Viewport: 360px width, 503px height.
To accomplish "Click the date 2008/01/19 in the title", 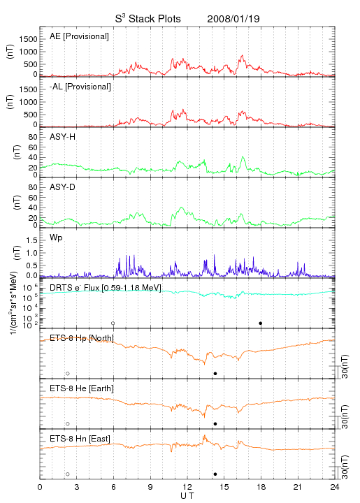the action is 233,19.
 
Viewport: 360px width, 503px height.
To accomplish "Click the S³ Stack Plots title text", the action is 148,19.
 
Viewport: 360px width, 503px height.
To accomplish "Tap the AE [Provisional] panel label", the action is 79,36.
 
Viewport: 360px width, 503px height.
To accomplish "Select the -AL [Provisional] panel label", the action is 80,87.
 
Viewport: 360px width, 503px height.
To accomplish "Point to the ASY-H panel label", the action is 63,137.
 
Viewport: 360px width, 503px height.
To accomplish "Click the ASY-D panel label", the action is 63,187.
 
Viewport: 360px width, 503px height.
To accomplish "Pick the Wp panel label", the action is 56,238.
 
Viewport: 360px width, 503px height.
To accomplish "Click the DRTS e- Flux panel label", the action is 106,288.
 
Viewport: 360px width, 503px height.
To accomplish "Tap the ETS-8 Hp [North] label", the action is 82,338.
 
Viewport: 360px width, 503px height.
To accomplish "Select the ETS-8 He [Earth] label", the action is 82,388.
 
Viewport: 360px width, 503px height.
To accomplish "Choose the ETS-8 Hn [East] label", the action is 80,439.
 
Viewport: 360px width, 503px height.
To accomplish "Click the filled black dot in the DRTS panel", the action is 261,323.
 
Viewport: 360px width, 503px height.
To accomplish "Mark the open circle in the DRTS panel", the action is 113,323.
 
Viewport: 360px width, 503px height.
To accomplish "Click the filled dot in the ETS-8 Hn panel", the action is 215,474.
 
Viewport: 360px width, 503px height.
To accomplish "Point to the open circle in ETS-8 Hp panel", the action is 68,373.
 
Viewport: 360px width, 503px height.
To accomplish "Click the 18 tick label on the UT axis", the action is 261,487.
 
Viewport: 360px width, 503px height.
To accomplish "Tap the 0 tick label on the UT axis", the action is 40,487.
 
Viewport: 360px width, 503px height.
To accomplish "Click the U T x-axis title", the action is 187,496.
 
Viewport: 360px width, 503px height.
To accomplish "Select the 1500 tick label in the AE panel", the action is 29,39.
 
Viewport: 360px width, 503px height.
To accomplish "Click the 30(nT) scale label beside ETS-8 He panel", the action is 345,416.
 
